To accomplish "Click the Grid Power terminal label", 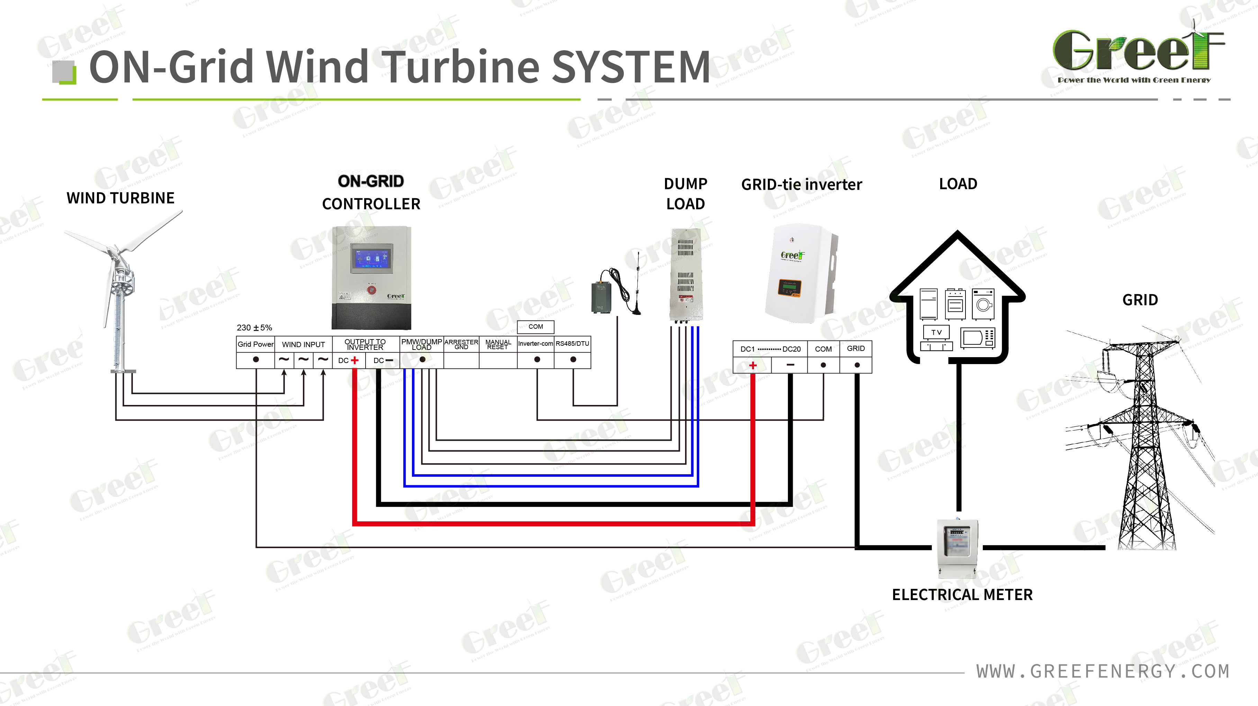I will (x=255, y=344).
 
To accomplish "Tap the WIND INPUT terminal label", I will (x=303, y=344).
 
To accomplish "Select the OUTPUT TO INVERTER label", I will (x=365, y=344).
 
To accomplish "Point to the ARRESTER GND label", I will (x=461, y=344).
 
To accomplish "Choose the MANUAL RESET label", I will (x=498, y=344).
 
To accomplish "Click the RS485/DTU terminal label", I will (x=572, y=343).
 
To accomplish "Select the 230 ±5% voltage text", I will (x=254, y=327).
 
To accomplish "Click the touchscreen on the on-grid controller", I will (x=371, y=258).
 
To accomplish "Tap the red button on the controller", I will (x=372, y=290).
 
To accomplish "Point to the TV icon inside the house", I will (x=936, y=332).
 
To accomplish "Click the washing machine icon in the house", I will (x=983, y=304).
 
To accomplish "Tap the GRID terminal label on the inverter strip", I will (x=856, y=348).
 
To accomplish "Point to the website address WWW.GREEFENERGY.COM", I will (x=1103, y=671).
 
